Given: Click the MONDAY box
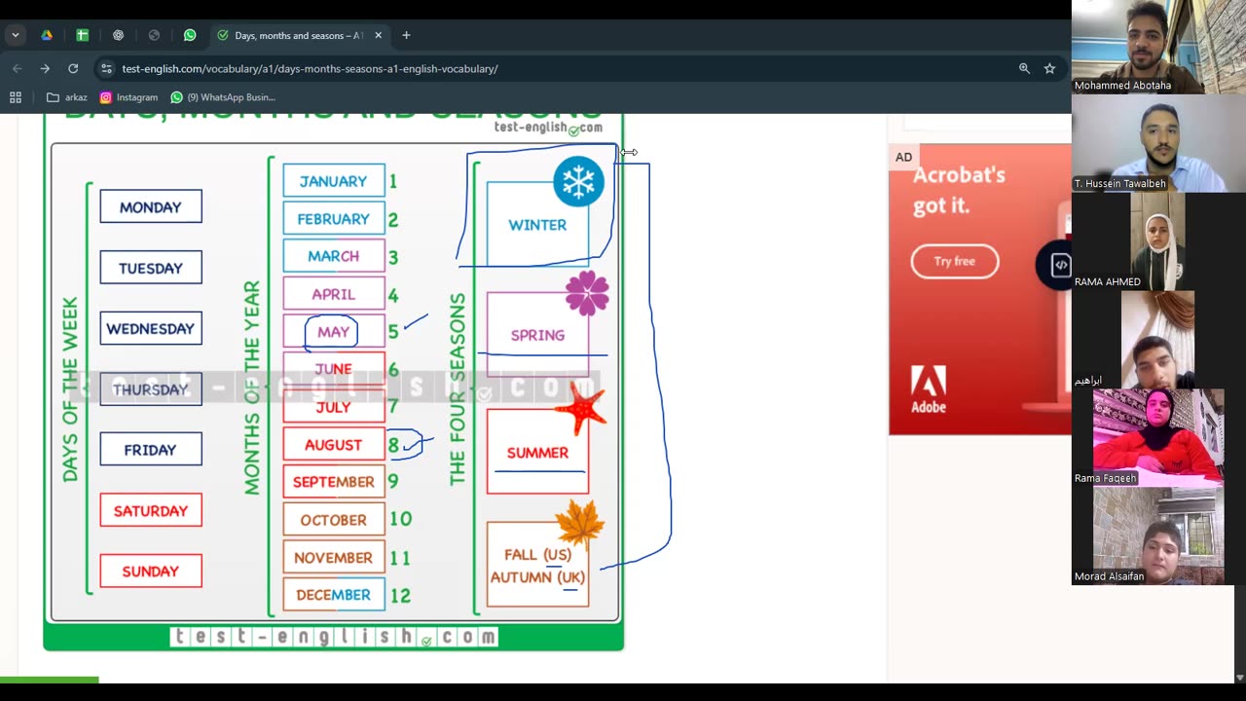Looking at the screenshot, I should click(x=151, y=207).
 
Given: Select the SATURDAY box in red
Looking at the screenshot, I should click(x=151, y=511).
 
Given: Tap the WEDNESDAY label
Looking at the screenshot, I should click(x=151, y=329).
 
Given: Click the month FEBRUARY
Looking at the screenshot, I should click(x=333, y=219).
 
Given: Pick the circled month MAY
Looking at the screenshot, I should click(x=333, y=332).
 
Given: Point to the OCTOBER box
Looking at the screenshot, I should click(x=333, y=520).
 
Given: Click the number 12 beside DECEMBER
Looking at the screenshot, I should click(x=400, y=595).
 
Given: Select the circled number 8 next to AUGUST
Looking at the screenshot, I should click(x=394, y=445).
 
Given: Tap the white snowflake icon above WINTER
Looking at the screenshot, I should click(x=578, y=182).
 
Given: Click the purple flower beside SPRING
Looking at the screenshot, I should click(x=587, y=293).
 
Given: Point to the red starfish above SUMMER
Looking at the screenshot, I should click(x=582, y=409).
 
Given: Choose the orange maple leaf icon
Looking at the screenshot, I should click(x=580, y=524).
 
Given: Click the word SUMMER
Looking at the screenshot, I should click(x=537, y=453).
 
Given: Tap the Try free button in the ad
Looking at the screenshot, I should click(x=954, y=261).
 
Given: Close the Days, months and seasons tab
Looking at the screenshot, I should click(x=378, y=35).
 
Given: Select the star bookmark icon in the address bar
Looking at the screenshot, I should click(x=1049, y=68).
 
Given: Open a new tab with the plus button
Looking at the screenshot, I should click(x=406, y=35).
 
